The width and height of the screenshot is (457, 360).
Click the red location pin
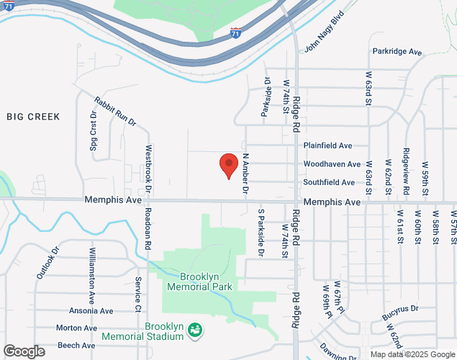pos(228,166)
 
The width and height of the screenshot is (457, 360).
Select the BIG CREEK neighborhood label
pos(33,116)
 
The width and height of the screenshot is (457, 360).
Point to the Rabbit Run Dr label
pos(115,112)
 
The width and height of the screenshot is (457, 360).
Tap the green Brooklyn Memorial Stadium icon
pos(194,330)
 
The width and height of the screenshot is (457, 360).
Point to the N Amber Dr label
pos(245,174)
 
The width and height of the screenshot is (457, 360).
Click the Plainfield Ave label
pos(327,145)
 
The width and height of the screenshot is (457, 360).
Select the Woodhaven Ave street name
pos(332,164)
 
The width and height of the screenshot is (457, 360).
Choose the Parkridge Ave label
pos(397,52)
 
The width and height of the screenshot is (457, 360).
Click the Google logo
pos(23,351)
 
